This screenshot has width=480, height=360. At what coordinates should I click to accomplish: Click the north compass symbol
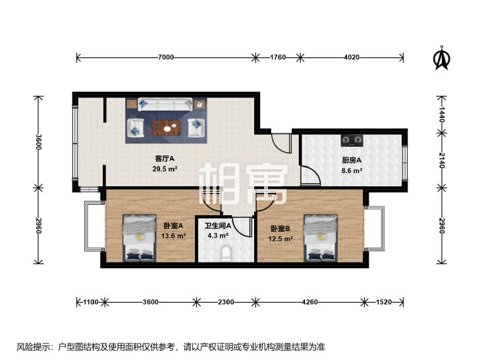[x=440, y=59]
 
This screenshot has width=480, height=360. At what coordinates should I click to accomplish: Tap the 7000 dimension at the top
[x=165, y=58]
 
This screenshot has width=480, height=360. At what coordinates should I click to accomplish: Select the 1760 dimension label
[x=277, y=58]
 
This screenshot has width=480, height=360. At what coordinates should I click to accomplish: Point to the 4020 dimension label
[x=352, y=58]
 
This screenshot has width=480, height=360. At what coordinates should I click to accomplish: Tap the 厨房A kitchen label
[x=352, y=160]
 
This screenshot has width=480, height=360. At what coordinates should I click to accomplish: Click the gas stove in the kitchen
[x=352, y=140]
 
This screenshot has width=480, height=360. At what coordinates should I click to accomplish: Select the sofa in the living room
[x=165, y=105]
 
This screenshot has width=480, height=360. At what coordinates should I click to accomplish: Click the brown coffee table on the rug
[x=166, y=126]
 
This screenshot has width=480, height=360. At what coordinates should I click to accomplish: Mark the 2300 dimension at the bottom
[x=225, y=302]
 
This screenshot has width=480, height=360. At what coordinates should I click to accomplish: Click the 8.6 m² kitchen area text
[x=352, y=170]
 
